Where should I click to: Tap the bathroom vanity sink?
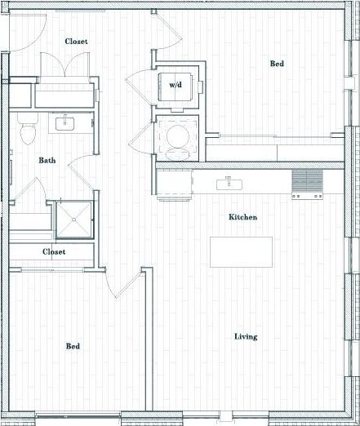[x=64, y=124]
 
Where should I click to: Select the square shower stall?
[x=73, y=217]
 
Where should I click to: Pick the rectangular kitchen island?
[x=241, y=251]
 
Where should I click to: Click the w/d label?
[x=176, y=84]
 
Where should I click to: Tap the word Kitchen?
[x=242, y=217]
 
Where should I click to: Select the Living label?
[x=246, y=336]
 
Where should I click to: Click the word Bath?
[x=47, y=160]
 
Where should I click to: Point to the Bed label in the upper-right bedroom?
[x=277, y=63]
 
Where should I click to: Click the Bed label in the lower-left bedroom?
[x=73, y=346]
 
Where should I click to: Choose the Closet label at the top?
[x=77, y=41]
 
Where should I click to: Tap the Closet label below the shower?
[x=54, y=251]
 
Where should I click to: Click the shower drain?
[x=74, y=218]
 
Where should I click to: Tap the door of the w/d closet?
[x=139, y=83]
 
